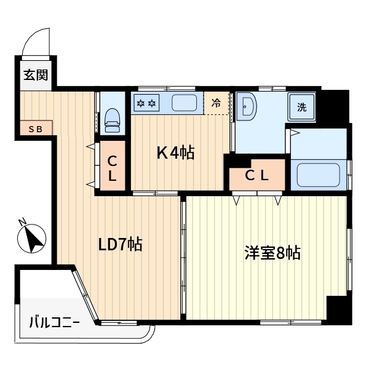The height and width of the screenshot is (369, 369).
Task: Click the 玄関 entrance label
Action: coord(36,76)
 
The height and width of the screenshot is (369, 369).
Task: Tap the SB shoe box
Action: coord(36,129)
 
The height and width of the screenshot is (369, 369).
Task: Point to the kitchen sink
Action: coord(183,103)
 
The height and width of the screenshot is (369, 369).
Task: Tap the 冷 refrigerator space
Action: coord(216,103)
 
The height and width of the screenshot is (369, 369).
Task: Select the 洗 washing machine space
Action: coord(302,108)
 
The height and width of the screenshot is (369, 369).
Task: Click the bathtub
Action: coord(319,175)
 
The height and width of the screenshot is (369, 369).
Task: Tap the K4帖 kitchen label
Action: coord(175,153)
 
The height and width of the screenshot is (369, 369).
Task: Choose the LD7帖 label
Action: coord(121,245)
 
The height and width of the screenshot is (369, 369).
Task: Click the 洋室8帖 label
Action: coord(273,253)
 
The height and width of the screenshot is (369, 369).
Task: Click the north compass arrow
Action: coord(33,238)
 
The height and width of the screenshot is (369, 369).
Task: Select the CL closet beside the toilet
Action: coord(113,168)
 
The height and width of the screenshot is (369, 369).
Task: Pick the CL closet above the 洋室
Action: coord(257,175)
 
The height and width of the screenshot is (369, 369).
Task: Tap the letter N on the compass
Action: coord(22,223)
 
